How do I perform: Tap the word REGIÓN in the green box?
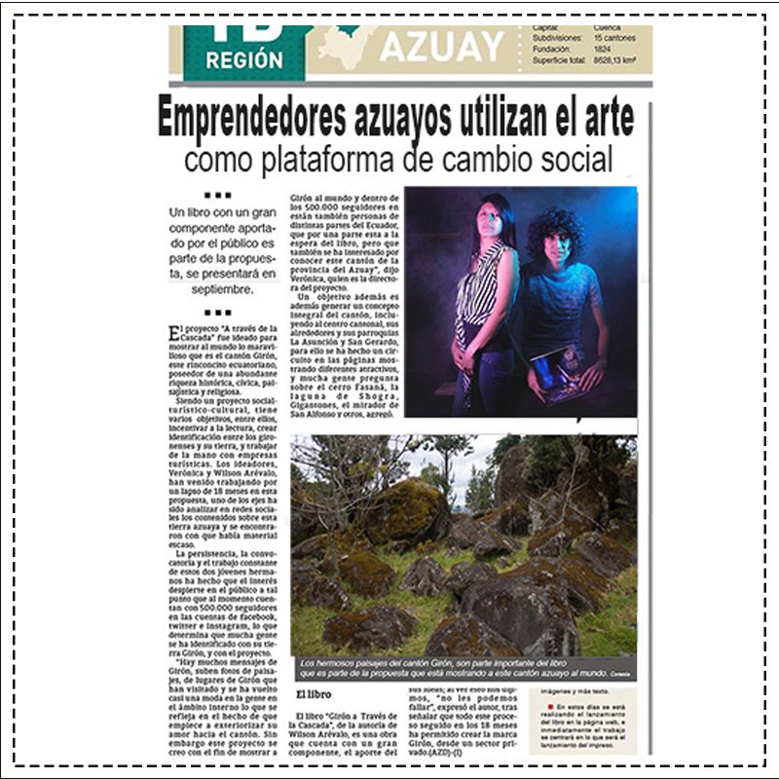pyautogui.click(x=244, y=59)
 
